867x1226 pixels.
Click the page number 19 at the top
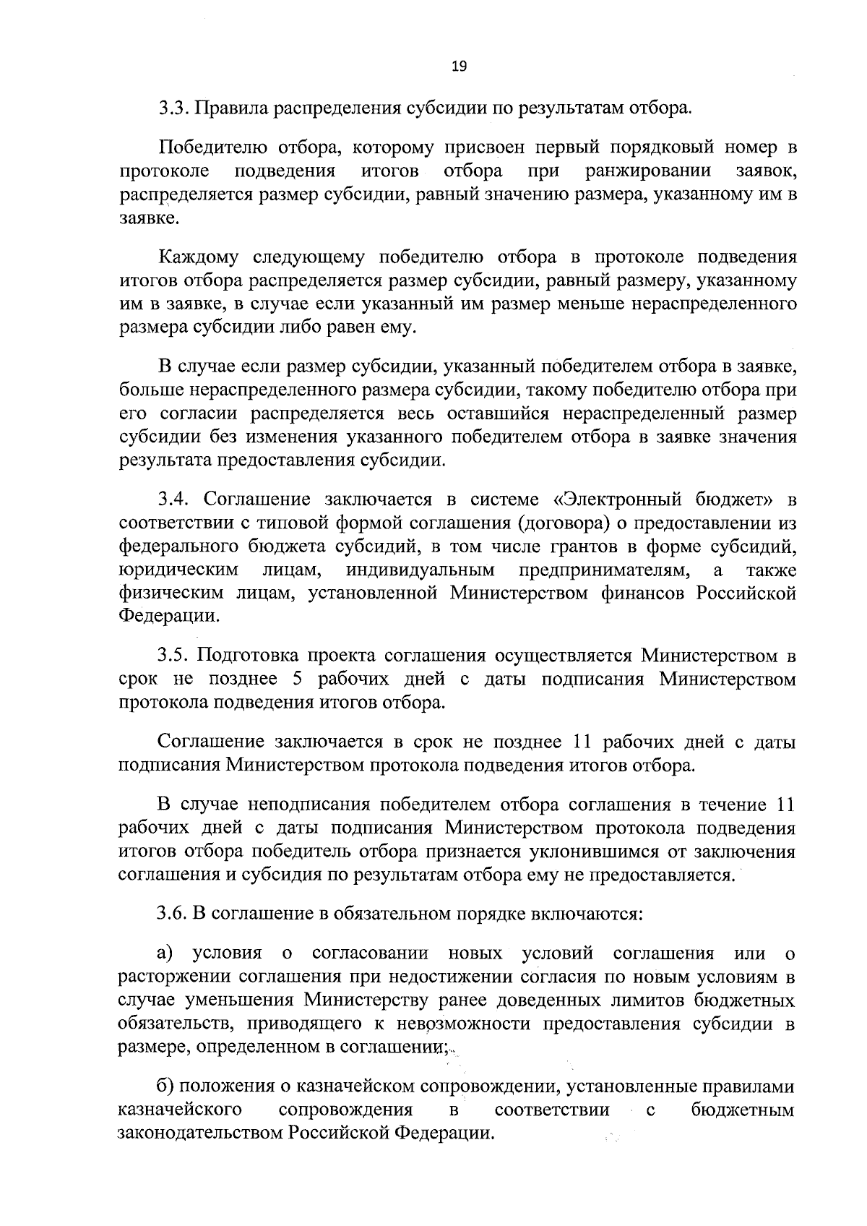pyautogui.click(x=459, y=67)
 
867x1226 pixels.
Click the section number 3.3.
pyautogui.click(x=174, y=110)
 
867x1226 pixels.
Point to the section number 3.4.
pyautogui.click(x=174, y=500)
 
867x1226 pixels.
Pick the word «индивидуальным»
pyautogui.click(x=420, y=570)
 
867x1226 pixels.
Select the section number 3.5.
pyautogui.click(x=174, y=656)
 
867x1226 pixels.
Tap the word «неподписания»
pyautogui.click(x=309, y=805)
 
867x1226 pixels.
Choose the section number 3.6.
pyautogui.click(x=174, y=914)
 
